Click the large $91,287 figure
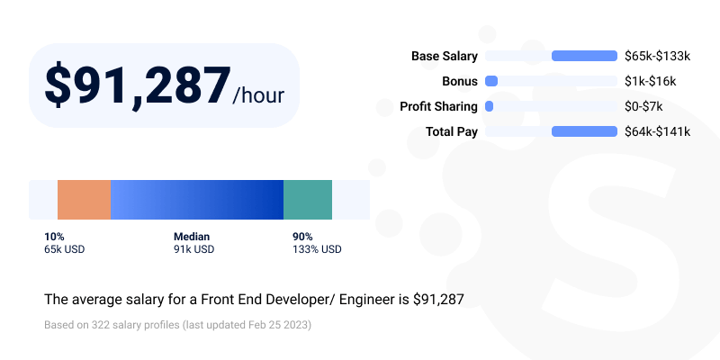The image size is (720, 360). [137, 86]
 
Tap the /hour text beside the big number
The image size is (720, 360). [258, 94]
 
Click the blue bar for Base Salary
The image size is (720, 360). [583, 56]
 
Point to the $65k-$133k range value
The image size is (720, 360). [657, 56]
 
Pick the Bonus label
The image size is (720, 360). [459, 81]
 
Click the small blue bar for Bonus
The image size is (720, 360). [491, 81]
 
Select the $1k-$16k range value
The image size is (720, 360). [650, 81]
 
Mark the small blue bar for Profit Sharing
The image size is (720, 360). [490, 106]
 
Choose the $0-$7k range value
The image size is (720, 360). [643, 106]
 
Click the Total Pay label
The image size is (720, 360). [451, 131]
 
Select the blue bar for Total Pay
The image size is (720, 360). [583, 131]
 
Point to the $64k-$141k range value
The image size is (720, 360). [657, 131]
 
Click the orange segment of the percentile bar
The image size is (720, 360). [84, 200]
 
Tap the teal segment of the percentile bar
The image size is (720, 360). [308, 200]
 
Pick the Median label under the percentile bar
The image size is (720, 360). [192, 237]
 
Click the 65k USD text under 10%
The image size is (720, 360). [64, 249]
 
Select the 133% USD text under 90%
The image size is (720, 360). [317, 249]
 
